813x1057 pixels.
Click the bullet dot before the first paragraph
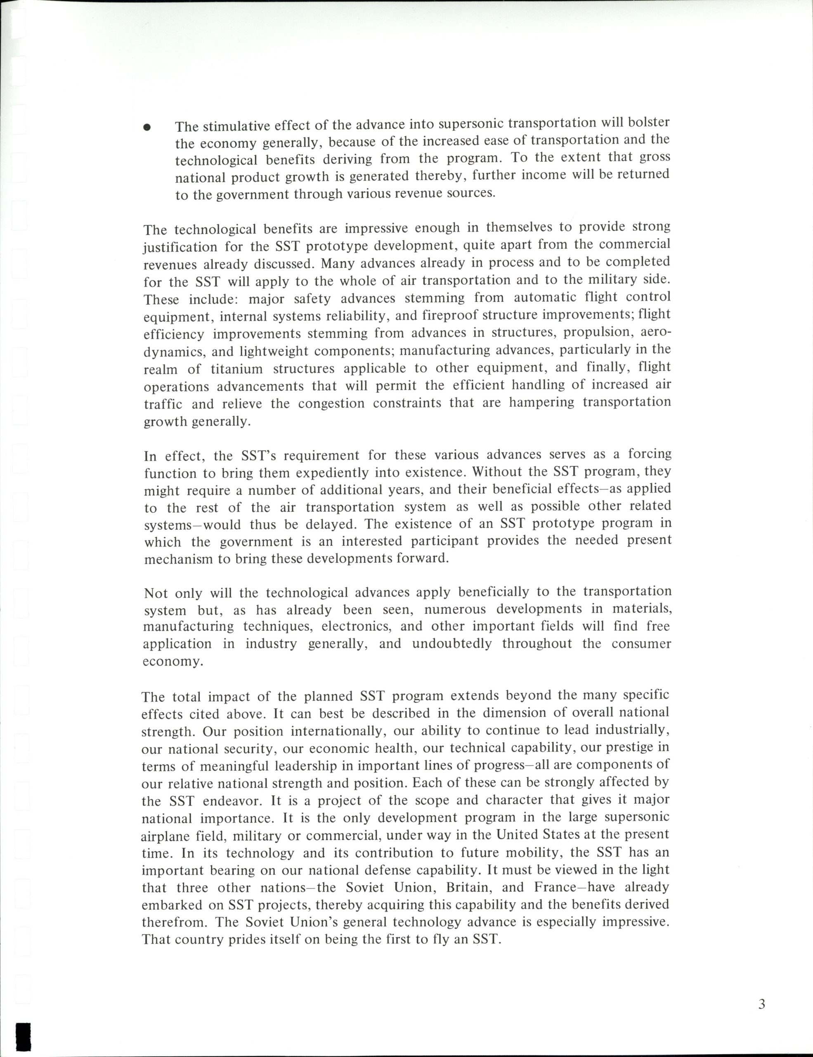click(148, 127)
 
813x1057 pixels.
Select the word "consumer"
click(641, 644)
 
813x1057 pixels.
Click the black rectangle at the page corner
click(24, 1035)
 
